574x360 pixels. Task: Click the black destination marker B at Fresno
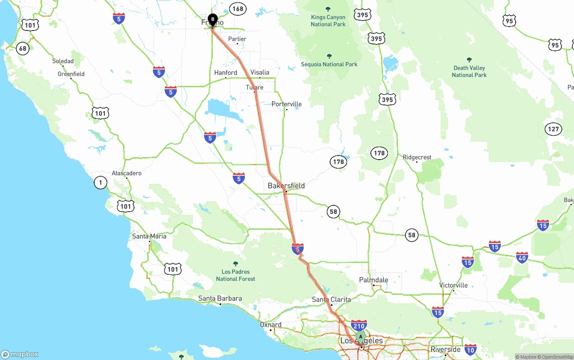click(x=213, y=20)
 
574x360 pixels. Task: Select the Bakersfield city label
click(x=286, y=186)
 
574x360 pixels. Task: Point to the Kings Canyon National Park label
click(x=328, y=21)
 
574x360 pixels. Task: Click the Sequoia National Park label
click(x=329, y=64)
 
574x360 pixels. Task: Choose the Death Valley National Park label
click(x=469, y=71)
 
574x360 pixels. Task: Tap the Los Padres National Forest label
click(x=235, y=275)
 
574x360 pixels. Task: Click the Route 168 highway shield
click(x=238, y=9)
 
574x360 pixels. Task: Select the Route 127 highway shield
click(x=553, y=130)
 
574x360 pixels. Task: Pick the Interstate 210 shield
click(x=359, y=325)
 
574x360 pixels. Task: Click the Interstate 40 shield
click(x=522, y=258)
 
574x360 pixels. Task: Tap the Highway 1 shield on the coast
click(x=100, y=182)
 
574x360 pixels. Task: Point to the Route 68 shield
click(x=23, y=48)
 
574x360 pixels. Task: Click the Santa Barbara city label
click(x=220, y=299)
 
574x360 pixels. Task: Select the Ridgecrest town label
click(x=417, y=157)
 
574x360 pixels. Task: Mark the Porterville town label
click(x=287, y=104)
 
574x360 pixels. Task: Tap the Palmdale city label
click(x=374, y=280)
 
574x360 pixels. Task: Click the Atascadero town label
click(x=126, y=173)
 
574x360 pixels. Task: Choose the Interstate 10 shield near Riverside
click(x=470, y=349)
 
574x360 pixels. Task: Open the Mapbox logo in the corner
click(x=20, y=354)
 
